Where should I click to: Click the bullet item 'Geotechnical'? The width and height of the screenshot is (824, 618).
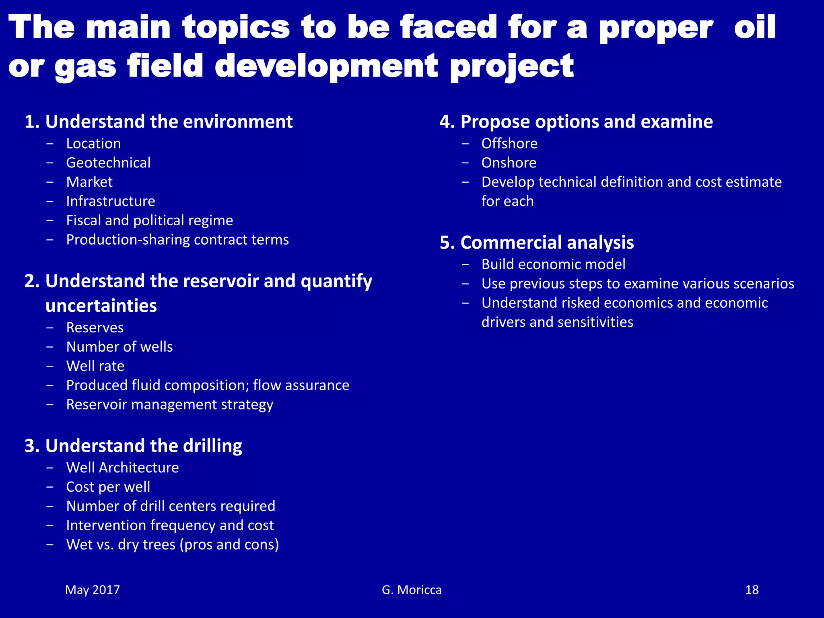tap(108, 163)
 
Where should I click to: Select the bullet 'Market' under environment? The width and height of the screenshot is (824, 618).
tap(89, 182)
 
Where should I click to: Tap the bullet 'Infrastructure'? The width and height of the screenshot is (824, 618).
tap(111, 201)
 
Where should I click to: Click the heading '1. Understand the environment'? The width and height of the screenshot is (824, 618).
tap(159, 122)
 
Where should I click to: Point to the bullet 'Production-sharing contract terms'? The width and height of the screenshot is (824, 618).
tap(177, 240)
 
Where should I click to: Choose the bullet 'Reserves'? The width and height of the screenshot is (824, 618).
tap(95, 328)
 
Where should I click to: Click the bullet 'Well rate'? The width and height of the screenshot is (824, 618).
tap(95, 366)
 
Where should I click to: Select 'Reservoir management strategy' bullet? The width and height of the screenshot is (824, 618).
tap(169, 404)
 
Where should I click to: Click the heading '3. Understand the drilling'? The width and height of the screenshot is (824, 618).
tap(133, 446)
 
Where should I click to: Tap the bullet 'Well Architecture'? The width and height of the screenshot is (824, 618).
tap(122, 468)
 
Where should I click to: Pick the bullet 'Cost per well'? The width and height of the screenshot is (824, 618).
tap(108, 487)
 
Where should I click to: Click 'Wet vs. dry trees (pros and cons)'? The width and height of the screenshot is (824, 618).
tap(172, 544)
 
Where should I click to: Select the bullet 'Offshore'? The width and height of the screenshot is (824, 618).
tap(509, 144)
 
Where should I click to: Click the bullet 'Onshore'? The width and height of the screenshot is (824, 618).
tap(509, 163)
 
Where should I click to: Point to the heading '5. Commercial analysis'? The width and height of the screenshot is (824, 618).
tap(537, 243)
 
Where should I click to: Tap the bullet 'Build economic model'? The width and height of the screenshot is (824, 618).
tap(553, 264)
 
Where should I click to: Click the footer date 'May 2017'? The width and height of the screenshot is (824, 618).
tap(93, 590)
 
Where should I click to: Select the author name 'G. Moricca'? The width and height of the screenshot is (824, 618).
tap(412, 590)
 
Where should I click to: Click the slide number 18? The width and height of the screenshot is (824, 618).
tap(752, 590)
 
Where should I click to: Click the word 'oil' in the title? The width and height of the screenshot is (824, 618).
tap(755, 27)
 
